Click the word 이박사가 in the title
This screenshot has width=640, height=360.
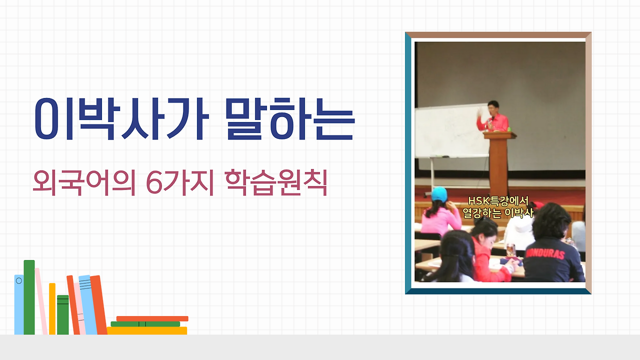point(122,119)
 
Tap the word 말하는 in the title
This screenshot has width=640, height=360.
point(290,119)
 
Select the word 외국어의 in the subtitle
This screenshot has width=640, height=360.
point(84,182)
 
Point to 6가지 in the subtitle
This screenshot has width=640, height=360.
point(180,182)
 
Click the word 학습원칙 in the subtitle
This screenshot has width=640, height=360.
point(276,182)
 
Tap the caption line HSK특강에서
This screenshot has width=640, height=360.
point(498,201)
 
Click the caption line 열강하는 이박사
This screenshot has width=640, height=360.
point(498,213)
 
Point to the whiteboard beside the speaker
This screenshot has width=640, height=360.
point(451,131)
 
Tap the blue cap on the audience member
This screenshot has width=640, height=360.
point(439,194)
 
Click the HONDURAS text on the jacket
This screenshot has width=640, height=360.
point(545,253)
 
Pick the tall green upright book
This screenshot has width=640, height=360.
point(29,297)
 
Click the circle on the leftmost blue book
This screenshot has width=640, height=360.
point(19,280)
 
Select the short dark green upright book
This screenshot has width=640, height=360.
point(63,314)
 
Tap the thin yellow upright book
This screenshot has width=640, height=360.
point(52,308)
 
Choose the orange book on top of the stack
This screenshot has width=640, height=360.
point(152,318)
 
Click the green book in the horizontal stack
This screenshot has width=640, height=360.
point(145,324)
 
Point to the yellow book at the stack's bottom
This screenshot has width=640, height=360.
point(147,330)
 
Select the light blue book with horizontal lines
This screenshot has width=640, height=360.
point(87,304)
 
